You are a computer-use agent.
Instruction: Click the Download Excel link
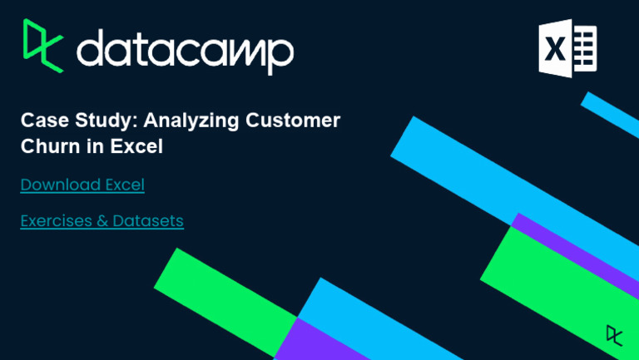[x=82, y=185]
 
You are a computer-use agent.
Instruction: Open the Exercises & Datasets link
[x=102, y=221]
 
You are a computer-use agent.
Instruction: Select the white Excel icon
[x=567, y=48]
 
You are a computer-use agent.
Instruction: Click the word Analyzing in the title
[x=192, y=120]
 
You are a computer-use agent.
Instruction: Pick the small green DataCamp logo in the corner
[x=614, y=334]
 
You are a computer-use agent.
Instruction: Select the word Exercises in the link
[x=54, y=221]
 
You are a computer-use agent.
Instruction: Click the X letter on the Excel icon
[x=555, y=49]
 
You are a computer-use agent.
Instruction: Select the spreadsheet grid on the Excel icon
[x=585, y=48]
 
